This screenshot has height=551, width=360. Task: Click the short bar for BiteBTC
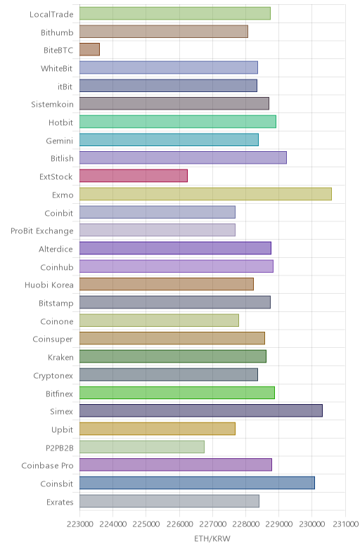tap(89, 49)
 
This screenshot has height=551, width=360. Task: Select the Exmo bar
tap(205, 194)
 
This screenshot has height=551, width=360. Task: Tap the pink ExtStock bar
tap(134, 176)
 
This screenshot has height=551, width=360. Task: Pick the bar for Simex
tap(201, 410)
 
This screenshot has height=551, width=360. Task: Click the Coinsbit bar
tap(197, 483)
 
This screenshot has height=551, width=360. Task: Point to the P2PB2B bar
tap(142, 447)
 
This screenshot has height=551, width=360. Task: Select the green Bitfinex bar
tap(177, 392)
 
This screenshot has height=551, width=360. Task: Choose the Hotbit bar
tap(177, 122)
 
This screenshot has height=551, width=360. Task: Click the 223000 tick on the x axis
tap(80, 524)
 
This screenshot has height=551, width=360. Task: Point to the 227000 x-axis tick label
tap(212, 524)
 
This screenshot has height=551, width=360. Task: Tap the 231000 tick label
tap(345, 524)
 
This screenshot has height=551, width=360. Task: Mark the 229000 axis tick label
tap(278, 524)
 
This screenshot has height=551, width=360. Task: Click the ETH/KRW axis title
tap(212, 538)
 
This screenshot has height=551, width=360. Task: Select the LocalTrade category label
tap(51, 14)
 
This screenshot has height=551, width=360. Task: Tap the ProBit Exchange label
tap(42, 231)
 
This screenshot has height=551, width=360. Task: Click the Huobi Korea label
tap(49, 285)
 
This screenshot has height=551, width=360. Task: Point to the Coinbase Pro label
tap(48, 465)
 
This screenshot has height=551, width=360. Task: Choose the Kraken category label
tap(60, 357)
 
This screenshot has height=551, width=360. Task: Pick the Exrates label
tap(60, 502)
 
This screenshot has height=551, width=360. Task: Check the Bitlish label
tap(62, 158)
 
